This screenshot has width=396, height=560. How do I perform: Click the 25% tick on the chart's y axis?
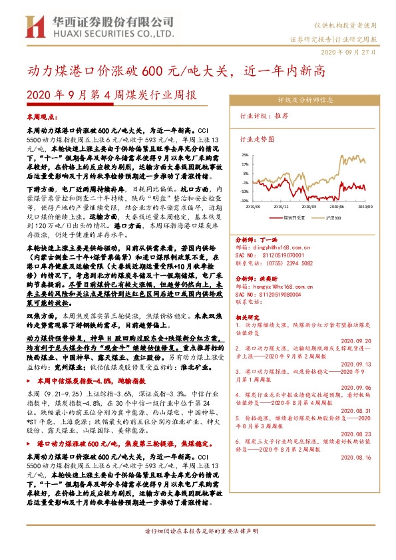[246, 154]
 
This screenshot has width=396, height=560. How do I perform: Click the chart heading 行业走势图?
[257, 140]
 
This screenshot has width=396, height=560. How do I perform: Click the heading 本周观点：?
[41, 117]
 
